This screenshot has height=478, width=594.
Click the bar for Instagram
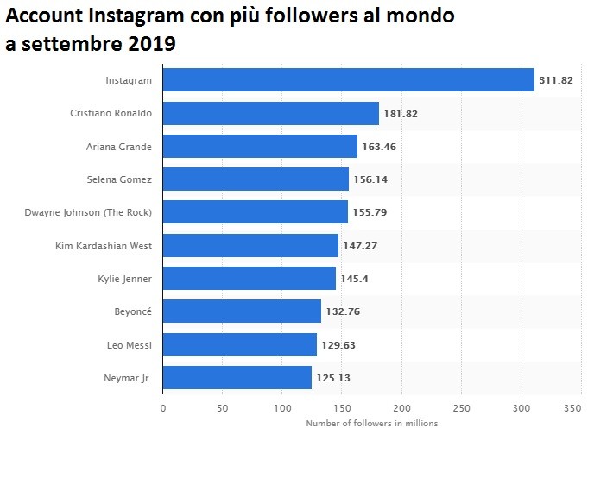tap(348, 80)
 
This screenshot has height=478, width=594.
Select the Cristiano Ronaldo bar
tap(270, 113)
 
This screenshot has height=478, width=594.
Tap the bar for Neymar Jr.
tap(237, 378)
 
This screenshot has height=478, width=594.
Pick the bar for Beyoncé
tap(242, 311)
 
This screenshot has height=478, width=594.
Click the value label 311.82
tap(555, 80)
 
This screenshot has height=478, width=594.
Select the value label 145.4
tap(355, 279)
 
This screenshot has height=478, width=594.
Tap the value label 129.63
tap(338, 345)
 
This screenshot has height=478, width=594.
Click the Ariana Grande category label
tap(118, 147)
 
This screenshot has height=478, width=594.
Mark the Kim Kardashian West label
tap(103, 246)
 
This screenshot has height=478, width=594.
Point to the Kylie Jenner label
tap(125, 279)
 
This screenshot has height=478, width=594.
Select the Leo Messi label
tap(130, 345)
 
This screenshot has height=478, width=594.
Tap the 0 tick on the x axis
tap(162, 407)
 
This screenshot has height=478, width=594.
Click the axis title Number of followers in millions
tap(371, 423)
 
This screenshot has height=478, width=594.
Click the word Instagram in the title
tap(143, 16)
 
